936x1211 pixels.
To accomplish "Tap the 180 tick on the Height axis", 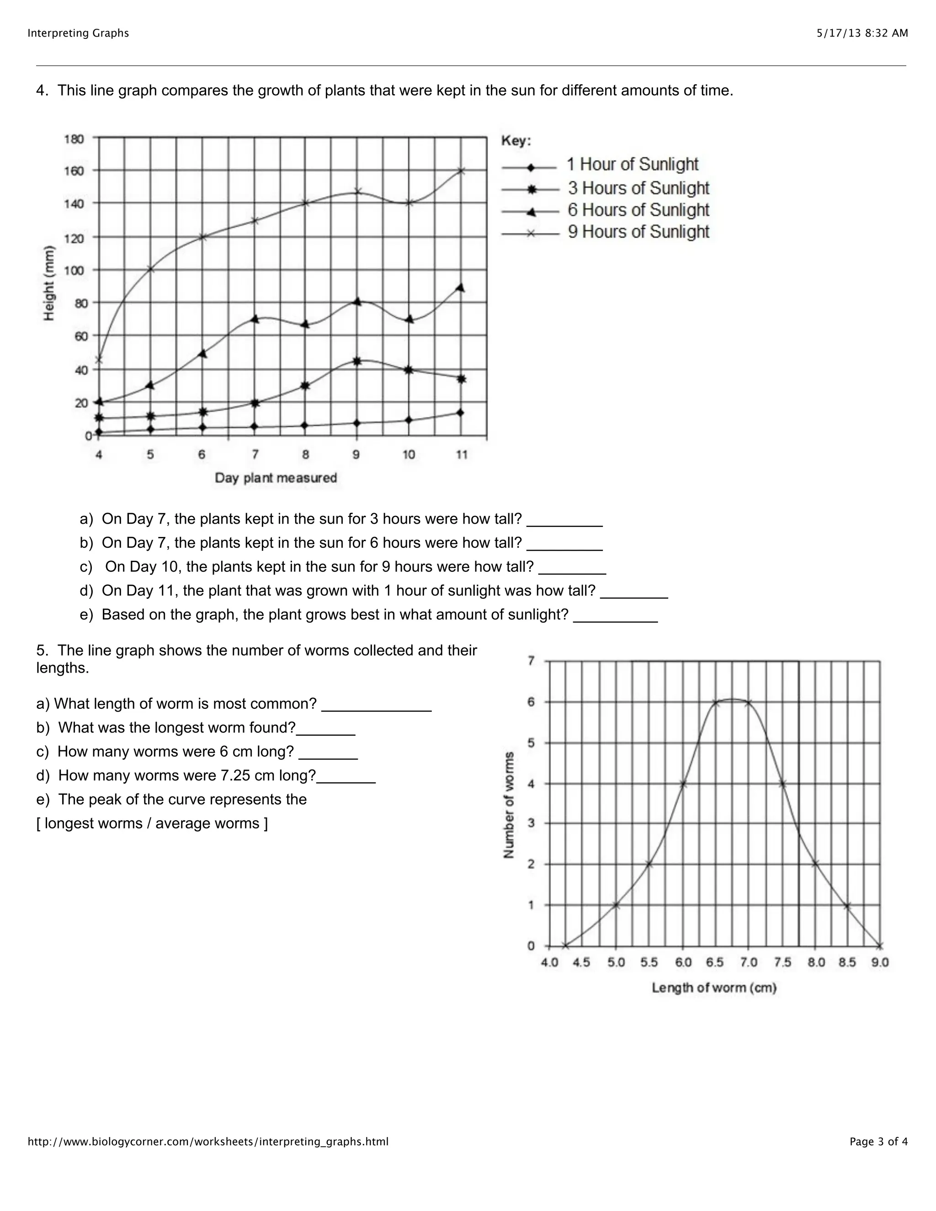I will coord(74,138).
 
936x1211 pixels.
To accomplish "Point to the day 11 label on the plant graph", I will coord(461,455).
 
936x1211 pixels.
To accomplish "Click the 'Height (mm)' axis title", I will coord(49,283).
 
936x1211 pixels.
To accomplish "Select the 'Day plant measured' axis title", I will coord(276,478).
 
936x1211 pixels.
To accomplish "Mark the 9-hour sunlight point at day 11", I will coord(461,171).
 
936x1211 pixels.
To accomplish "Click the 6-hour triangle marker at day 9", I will coord(357,302).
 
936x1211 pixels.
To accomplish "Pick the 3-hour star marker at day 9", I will coord(357,361).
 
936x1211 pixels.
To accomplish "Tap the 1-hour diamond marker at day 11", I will coord(460,413).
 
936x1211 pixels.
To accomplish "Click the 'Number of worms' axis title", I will coord(509,805).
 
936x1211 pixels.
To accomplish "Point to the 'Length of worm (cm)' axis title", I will coord(713,988).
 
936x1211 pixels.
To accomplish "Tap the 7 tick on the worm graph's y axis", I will coord(531,660).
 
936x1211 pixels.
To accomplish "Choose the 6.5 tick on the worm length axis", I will coord(715,962).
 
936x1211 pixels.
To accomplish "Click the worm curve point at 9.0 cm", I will coord(880,946).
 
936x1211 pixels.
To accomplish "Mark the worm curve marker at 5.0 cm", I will coord(616,905).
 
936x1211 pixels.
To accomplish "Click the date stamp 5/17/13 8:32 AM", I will coord(862,33).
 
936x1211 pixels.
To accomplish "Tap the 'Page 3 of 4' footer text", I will coord(878,1142).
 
